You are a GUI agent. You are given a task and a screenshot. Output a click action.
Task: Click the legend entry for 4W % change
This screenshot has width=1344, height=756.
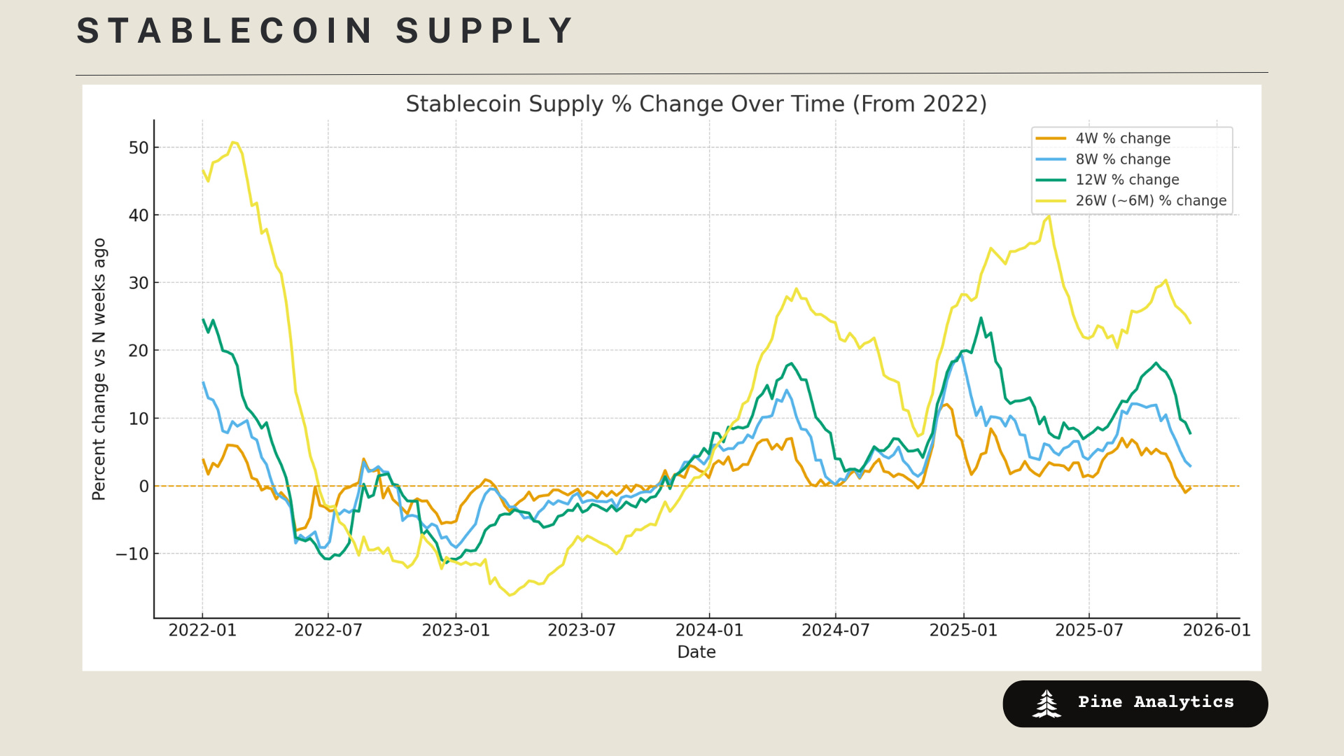point(1122,139)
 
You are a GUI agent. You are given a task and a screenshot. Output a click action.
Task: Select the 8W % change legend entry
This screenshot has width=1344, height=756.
point(1122,160)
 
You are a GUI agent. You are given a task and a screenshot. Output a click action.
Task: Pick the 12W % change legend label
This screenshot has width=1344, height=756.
point(1126,180)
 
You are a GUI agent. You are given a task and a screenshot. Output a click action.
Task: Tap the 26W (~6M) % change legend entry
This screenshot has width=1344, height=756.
point(1150,201)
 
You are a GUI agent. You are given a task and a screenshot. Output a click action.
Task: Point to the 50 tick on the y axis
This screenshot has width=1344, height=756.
point(139,148)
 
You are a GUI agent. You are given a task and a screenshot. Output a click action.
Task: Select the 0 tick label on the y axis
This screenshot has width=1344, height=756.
point(143,486)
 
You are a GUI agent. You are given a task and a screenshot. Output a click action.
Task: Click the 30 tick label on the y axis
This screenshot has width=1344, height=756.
point(139,283)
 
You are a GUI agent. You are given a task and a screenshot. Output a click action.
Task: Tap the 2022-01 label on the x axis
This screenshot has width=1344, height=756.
point(202,630)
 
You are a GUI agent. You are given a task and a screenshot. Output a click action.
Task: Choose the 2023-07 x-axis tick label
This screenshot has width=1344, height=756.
point(582,630)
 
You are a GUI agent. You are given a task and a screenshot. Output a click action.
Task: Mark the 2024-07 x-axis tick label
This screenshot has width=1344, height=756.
point(835,630)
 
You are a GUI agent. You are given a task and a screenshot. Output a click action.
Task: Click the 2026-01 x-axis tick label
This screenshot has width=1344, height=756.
point(1217,630)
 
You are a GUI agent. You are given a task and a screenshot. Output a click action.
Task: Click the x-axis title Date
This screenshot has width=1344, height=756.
point(696,652)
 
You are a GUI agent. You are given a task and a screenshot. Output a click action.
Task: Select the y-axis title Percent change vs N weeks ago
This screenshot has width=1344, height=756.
point(99,369)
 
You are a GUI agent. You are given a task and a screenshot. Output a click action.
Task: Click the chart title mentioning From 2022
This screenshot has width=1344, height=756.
point(696,104)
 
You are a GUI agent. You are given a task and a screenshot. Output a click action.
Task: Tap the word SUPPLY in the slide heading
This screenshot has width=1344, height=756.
point(484,31)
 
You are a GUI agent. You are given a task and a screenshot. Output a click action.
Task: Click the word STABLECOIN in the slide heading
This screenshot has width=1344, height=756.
point(225,31)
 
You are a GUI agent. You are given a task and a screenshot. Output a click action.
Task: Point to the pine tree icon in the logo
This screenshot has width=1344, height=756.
point(1046,703)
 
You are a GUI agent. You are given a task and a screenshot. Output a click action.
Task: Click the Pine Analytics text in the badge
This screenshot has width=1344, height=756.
point(1156,702)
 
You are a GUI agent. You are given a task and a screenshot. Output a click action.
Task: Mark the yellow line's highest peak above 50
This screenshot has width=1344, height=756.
point(234,142)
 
